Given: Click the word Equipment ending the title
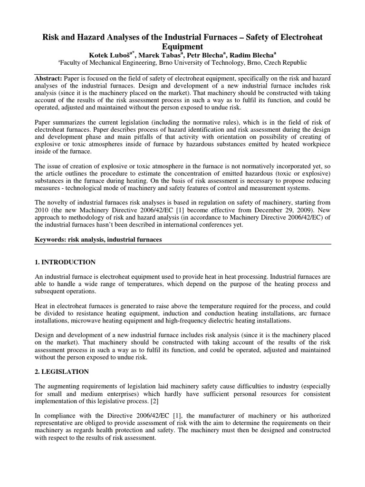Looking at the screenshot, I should coord(182,46).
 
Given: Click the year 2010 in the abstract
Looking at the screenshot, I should coord(44,217).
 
